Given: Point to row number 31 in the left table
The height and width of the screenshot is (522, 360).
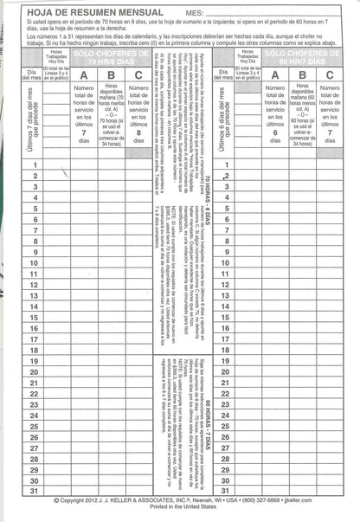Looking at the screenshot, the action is click(36, 490).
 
